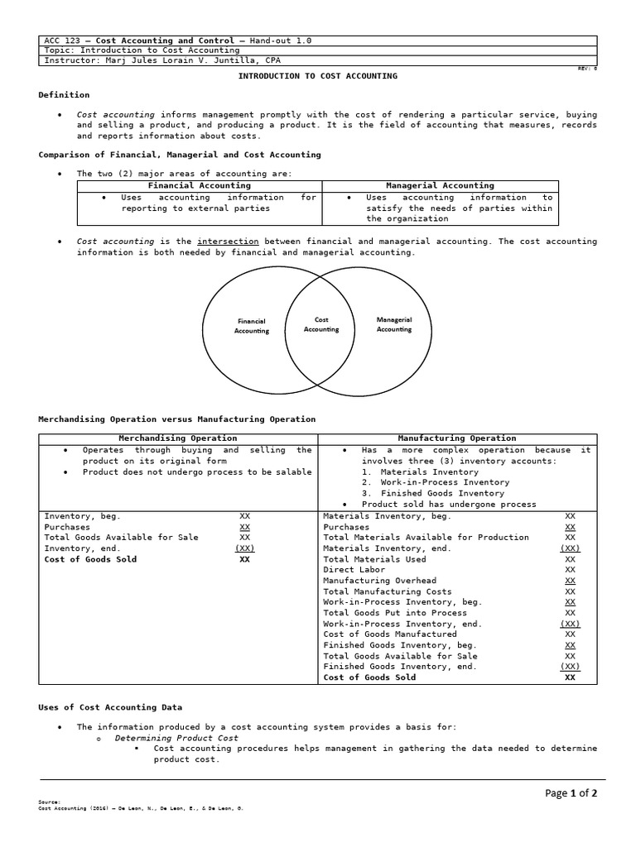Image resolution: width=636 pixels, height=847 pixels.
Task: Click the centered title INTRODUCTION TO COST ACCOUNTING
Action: pos(318,76)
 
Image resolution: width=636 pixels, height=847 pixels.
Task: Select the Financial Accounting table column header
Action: pos(199,186)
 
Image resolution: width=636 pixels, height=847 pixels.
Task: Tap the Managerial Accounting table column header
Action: pos(440,186)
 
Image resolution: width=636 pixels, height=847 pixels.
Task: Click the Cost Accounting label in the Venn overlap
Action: pos(321,324)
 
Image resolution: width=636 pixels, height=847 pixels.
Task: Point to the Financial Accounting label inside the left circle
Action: pos(252,326)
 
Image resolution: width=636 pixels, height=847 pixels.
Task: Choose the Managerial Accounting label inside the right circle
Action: pos(394,324)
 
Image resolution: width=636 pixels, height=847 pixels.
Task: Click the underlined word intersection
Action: pos(228,242)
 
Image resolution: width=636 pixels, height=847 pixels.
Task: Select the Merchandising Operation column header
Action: pos(178,438)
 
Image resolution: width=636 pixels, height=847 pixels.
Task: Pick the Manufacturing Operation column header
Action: pos(456,438)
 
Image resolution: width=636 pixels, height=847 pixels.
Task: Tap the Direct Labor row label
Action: pos(351,570)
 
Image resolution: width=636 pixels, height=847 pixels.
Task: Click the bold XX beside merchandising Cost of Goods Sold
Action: pos(244,559)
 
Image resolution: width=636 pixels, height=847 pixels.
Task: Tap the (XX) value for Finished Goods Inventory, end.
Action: pos(570,667)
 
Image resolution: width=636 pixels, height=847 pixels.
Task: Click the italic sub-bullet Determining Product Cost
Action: pos(176,738)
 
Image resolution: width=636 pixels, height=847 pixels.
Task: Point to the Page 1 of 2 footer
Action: pos(571,793)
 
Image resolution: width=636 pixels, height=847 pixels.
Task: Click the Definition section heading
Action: pos(64,95)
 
